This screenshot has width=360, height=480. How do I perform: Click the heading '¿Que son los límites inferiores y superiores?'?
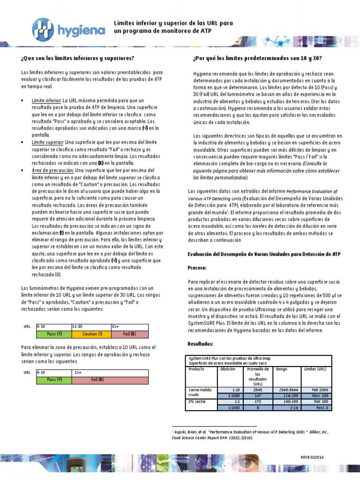pyautogui.click(x=77, y=58)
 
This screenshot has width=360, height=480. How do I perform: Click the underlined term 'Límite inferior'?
pyautogui.click(x=46, y=100)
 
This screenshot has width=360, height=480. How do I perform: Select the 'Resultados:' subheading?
pyautogui.click(x=200, y=344)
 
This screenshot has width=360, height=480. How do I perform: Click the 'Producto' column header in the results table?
pyautogui.click(x=197, y=369)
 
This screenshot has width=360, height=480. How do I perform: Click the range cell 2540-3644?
pyautogui.click(x=288, y=390)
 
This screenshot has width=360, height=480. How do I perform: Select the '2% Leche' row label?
pyautogui.click(x=197, y=402)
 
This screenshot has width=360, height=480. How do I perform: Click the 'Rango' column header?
pyautogui.click(x=283, y=369)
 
